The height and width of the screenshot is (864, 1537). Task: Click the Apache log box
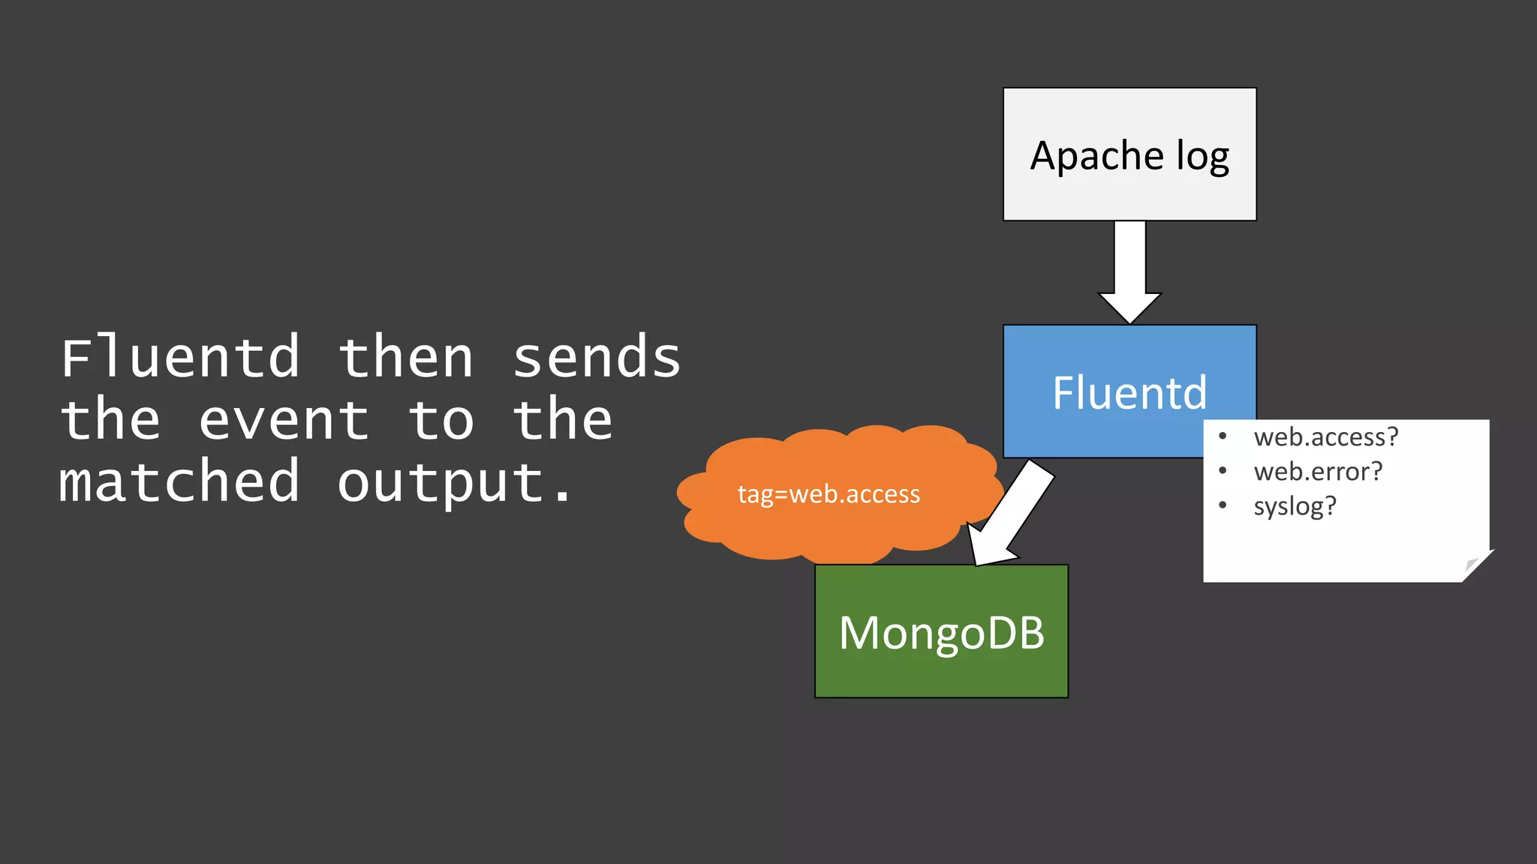pyautogui.click(x=1129, y=154)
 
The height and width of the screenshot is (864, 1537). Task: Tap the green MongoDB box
pyautogui.click(x=941, y=631)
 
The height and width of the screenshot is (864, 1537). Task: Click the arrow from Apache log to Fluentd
pyautogui.click(x=1129, y=270)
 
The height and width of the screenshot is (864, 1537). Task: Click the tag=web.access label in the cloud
pyautogui.click(x=829, y=494)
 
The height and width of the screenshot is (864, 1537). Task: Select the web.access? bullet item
pyautogui.click(x=1326, y=437)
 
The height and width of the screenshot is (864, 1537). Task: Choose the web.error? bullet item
pyautogui.click(x=1318, y=472)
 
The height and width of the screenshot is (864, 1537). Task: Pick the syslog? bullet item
pyautogui.click(x=1295, y=506)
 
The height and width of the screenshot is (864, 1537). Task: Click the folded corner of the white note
pyautogui.click(x=1475, y=565)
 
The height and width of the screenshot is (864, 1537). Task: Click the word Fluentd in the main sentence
pyautogui.click(x=180, y=358)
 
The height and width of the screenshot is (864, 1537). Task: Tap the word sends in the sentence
pyautogui.click(x=597, y=358)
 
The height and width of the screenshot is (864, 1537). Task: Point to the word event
pyautogui.click(x=284, y=420)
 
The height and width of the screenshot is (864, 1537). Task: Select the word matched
pyautogui.click(x=180, y=482)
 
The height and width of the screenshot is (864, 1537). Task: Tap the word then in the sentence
pyautogui.click(x=406, y=358)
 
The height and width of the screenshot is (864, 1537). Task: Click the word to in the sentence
pyautogui.click(x=441, y=420)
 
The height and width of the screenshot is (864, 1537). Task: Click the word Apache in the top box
pyautogui.click(x=1096, y=156)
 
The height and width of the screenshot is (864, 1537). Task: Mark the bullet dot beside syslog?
pyautogui.click(x=1223, y=505)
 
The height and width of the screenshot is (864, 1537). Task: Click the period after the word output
pyautogui.click(x=563, y=496)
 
